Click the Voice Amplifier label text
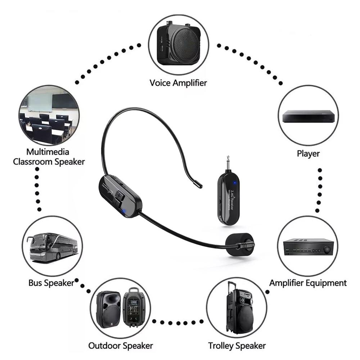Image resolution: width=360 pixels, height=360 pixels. [x=178, y=83]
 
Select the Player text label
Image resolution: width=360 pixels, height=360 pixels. [x=308, y=154]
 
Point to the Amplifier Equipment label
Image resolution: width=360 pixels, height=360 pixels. [x=308, y=283]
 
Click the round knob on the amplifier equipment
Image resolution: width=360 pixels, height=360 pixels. [x=327, y=249]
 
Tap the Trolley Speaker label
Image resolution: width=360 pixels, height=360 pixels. [x=237, y=346]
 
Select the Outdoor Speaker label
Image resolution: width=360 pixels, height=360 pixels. [x=121, y=346]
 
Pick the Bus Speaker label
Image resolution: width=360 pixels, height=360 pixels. [x=51, y=283]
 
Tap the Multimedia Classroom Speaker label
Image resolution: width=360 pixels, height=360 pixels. [x=49, y=157]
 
